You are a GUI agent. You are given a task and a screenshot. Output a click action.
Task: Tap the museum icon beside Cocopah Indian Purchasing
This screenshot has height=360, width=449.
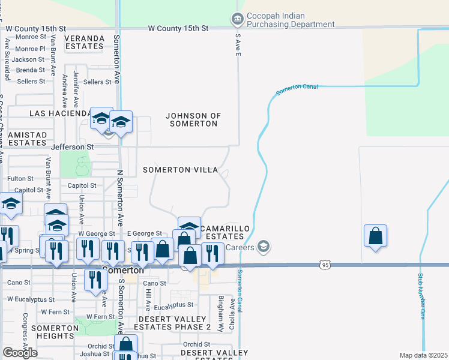click(x=237, y=20)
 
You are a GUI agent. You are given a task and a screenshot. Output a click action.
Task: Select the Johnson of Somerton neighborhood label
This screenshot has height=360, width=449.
click(x=193, y=119)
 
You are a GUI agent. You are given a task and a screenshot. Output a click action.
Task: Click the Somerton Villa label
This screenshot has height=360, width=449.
click(x=180, y=170)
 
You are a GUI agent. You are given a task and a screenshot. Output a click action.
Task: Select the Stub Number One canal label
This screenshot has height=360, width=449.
click(x=421, y=296)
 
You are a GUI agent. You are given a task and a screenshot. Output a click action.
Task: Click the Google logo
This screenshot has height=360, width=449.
click(x=20, y=352)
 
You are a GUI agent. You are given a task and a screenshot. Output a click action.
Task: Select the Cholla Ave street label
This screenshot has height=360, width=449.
click(x=231, y=311)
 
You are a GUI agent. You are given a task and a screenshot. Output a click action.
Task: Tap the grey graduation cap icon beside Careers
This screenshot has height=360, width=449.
click(x=263, y=246)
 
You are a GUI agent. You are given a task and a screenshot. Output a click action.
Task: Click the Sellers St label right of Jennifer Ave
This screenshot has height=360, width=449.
click(x=98, y=82)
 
